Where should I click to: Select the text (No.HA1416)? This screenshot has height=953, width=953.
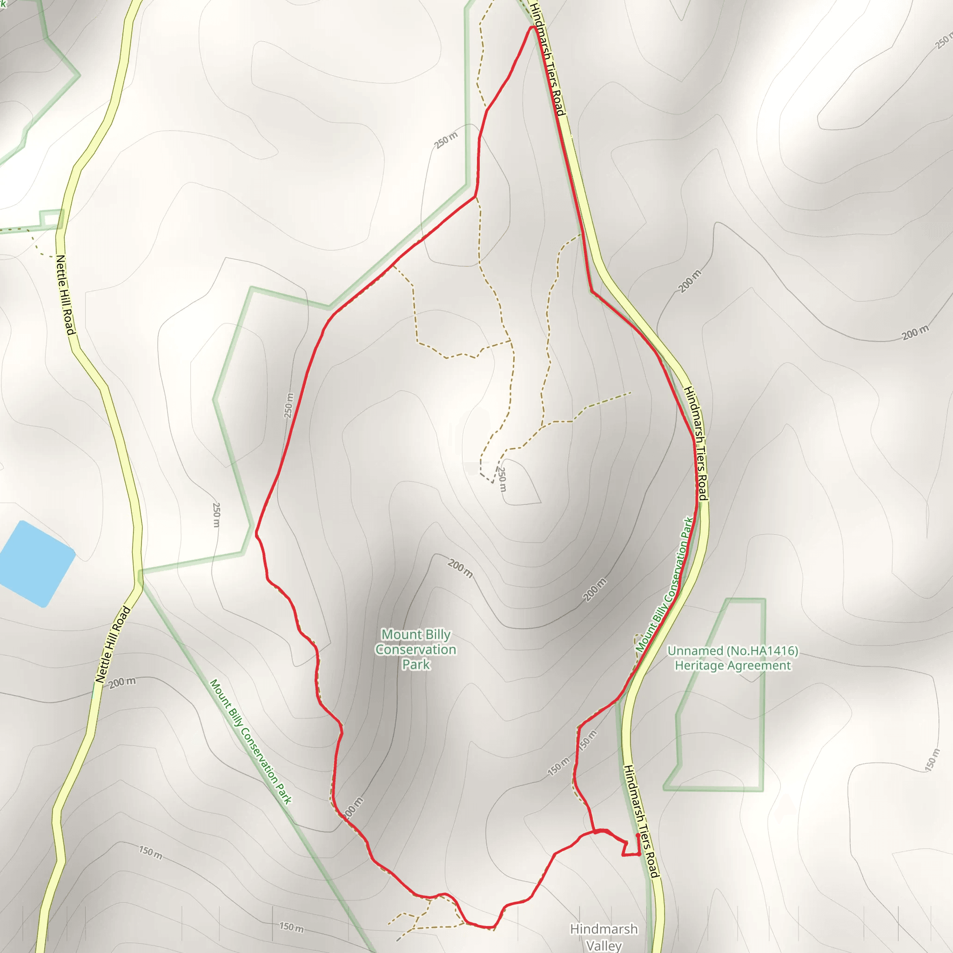click(762, 651)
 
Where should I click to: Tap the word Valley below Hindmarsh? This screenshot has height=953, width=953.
click(604, 945)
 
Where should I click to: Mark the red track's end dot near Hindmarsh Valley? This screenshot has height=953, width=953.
click(638, 836)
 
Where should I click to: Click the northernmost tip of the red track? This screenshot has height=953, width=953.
click(533, 27)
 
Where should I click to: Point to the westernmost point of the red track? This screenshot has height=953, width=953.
click(256, 533)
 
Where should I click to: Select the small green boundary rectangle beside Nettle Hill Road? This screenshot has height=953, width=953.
click(51, 217)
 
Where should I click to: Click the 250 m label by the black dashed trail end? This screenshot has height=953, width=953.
click(502, 478)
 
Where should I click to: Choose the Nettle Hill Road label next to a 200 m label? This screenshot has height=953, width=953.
click(113, 644)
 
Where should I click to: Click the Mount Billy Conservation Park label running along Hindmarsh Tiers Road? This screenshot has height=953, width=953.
click(665, 584)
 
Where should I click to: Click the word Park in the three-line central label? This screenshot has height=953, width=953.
click(416, 664)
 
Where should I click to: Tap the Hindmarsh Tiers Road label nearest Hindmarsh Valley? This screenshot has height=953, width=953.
click(641, 821)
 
